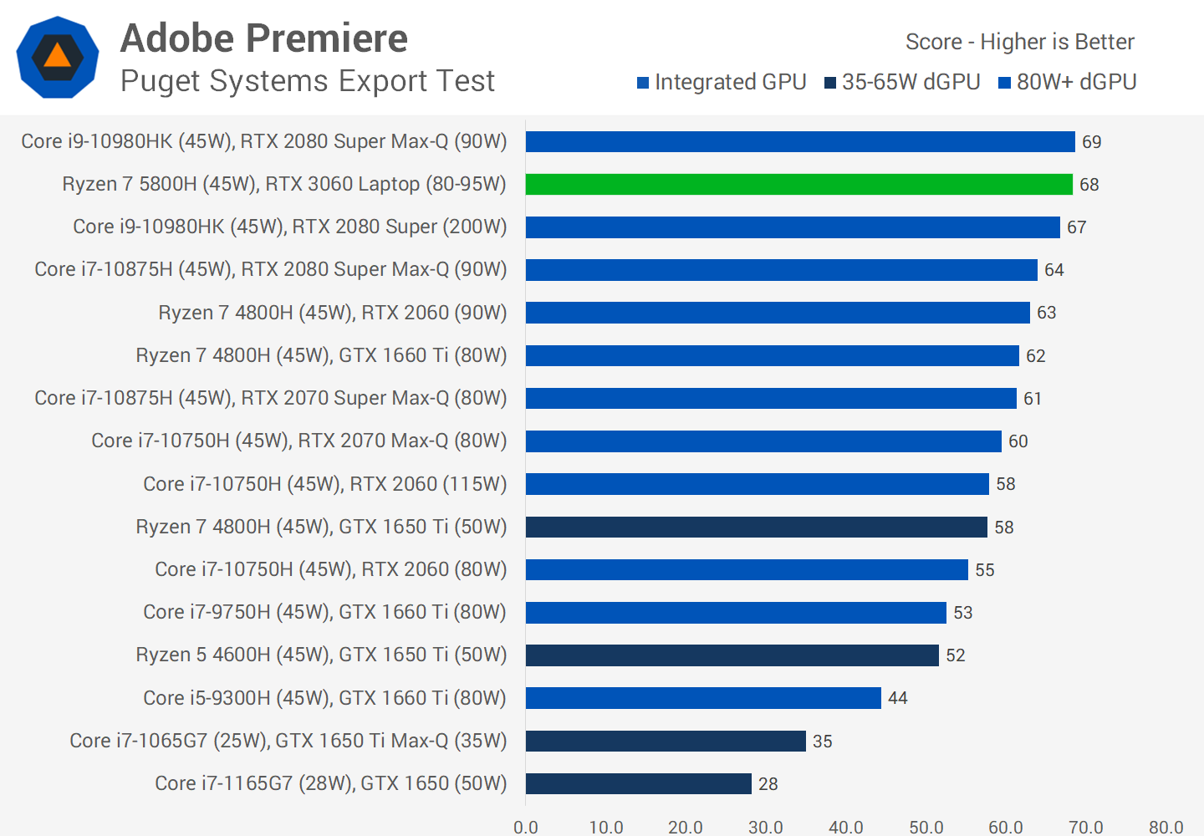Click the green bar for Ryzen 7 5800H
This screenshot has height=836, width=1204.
coord(798,184)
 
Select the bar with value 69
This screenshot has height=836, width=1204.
coord(800,141)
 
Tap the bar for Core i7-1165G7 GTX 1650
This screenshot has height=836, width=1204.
coord(638,783)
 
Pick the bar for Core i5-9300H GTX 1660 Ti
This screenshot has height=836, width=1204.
coord(703,697)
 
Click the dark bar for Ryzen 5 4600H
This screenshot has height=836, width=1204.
coord(732,655)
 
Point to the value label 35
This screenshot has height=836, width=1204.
coord(823,742)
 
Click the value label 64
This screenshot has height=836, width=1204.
coord(1054,270)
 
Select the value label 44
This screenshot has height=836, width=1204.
coord(898,698)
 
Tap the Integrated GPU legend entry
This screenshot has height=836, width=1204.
coord(722,82)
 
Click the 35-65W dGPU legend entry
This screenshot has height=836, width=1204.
coord(902,82)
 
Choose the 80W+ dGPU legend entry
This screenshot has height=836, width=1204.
coord(1068,82)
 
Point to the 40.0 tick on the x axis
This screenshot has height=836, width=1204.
coord(846,827)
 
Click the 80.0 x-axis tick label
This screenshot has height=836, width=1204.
coord(1166,827)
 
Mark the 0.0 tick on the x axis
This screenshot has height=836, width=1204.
coord(526,827)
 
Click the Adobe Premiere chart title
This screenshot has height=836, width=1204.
coord(264,38)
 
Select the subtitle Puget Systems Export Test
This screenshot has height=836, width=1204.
coord(308,81)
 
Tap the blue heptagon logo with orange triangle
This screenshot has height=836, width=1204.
coord(58,57)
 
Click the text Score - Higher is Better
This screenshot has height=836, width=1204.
coord(1020,42)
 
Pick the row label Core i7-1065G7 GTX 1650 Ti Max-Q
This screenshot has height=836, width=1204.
coord(288,741)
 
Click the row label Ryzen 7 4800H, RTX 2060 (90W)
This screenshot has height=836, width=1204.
coord(333,313)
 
